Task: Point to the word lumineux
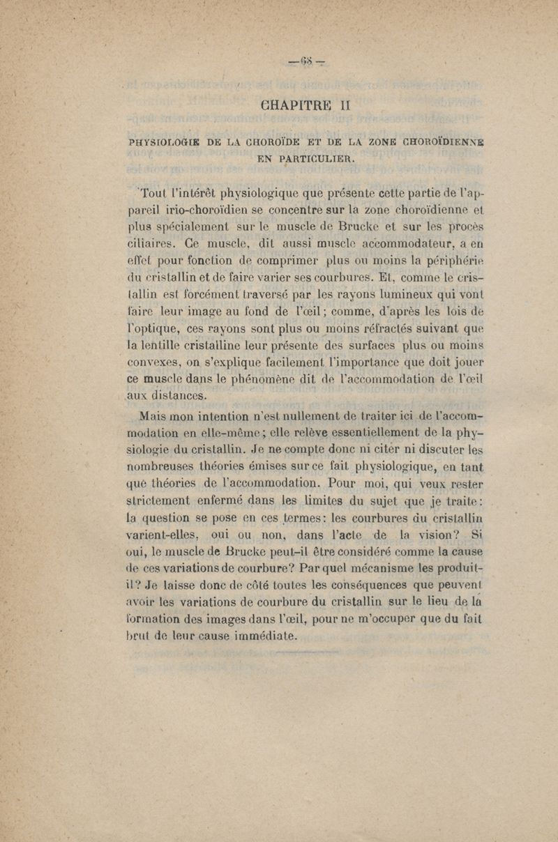(x=401, y=301)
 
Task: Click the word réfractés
(x=358, y=337)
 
